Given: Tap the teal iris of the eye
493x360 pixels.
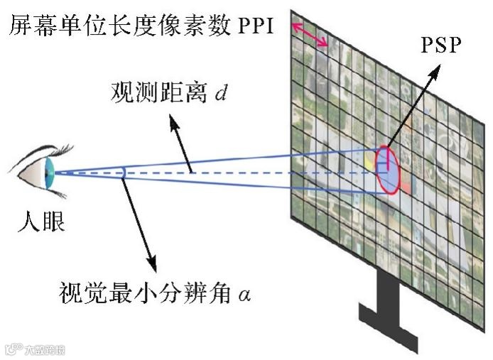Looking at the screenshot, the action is coord(50,171).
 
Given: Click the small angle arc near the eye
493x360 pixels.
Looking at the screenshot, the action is coord(125,172).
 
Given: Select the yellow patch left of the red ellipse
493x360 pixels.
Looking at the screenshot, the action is coord(369,163).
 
